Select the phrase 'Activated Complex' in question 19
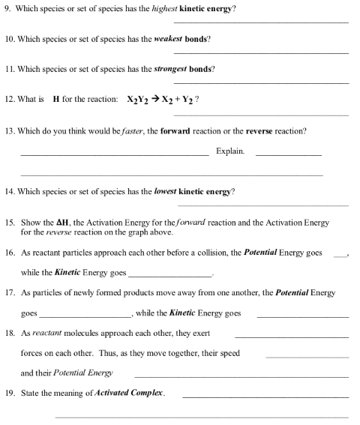tap(132, 393)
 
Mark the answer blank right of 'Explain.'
tap(288, 155)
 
